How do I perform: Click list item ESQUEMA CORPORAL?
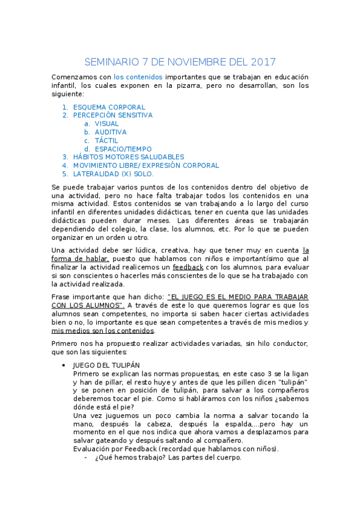tap(109, 107)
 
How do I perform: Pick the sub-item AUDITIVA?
tap(111, 132)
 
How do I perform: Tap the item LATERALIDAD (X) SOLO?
tap(113, 173)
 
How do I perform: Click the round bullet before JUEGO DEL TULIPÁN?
tap(64, 365)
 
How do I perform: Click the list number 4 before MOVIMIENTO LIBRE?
tap(64, 165)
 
